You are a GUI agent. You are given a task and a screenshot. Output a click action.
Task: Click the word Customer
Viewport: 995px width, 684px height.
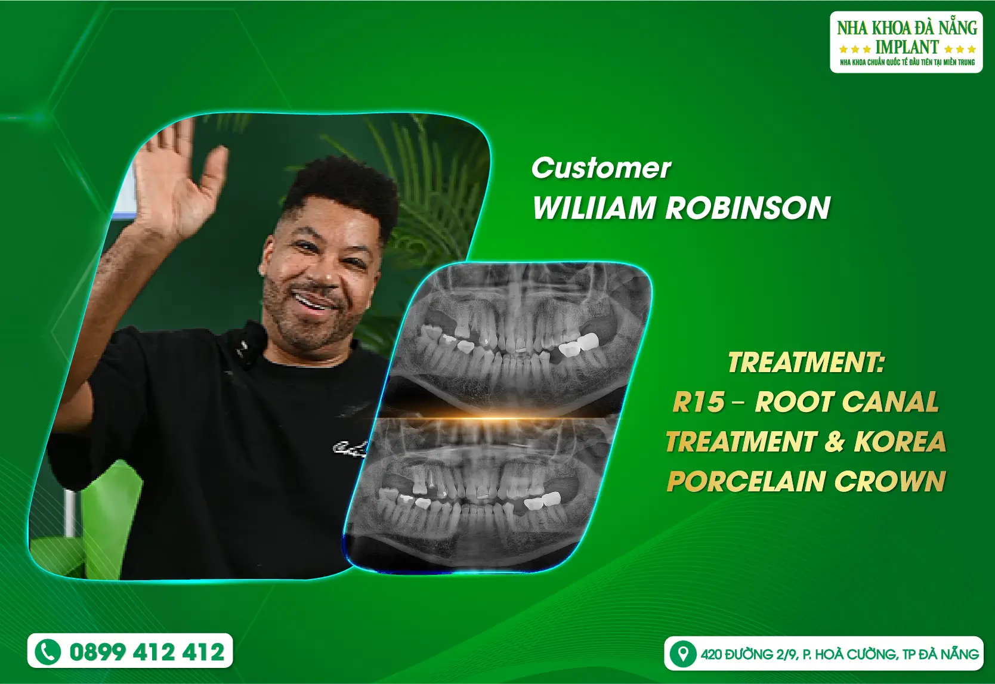pos(601,168)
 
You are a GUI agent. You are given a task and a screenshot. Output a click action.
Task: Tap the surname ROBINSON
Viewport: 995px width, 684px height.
pos(747,208)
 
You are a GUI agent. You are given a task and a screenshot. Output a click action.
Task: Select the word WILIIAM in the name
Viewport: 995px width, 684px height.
pos(594,208)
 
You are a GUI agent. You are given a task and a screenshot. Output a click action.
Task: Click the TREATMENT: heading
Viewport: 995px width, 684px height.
pos(805,363)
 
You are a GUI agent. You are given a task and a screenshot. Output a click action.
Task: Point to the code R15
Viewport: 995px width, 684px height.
pos(699,403)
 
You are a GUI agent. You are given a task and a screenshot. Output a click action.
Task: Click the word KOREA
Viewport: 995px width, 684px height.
pos(900,442)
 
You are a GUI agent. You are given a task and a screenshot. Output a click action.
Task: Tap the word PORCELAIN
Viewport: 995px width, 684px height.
pos(746,481)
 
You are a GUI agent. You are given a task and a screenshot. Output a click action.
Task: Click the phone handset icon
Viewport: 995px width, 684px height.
pos(48,651)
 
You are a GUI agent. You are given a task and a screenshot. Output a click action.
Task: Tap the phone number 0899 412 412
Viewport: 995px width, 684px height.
pos(147,652)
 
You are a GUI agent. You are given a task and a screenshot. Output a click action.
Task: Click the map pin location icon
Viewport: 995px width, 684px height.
pos(682,654)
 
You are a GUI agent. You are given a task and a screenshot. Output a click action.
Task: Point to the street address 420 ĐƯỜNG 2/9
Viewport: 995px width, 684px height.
pos(749,654)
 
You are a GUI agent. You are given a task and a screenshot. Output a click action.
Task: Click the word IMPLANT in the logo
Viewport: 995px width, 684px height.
pos(907,47)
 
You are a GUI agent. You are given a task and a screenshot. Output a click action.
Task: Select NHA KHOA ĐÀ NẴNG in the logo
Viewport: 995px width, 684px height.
pos(907,28)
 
